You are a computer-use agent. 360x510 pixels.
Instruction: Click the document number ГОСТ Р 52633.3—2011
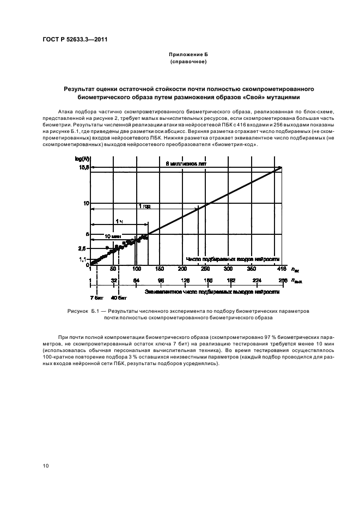[71, 39]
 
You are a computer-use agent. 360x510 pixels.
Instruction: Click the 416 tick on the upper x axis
[281, 269]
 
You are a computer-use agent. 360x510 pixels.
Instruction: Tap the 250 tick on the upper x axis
[205, 269]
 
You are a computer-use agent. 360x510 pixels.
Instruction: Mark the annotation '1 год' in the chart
[144, 207]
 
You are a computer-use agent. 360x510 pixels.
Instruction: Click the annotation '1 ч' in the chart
[118, 221]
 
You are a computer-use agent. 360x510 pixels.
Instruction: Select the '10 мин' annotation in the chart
[111, 236]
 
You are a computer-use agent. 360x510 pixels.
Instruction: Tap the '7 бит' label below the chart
[96, 298]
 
